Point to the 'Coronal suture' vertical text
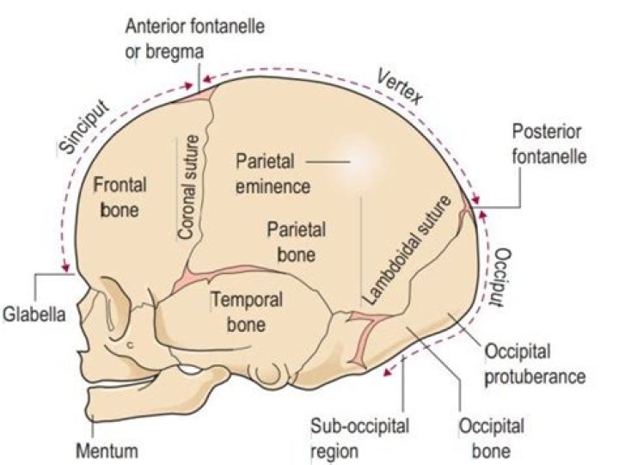pos(192,187)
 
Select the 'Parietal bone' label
pos(291,242)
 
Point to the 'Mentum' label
pos(107,450)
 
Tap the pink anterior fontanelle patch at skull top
pos(199,91)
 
